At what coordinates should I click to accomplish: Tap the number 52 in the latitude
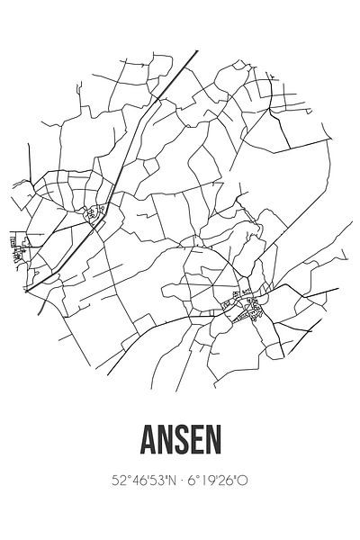click(108, 481)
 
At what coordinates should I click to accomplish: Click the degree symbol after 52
click(115, 477)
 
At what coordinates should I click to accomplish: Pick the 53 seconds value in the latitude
click(142, 481)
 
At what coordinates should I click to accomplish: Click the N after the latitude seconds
click(157, 481)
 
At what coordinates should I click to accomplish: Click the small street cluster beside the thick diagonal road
click(94, 214)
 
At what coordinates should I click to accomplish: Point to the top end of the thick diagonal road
click(197, 50)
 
